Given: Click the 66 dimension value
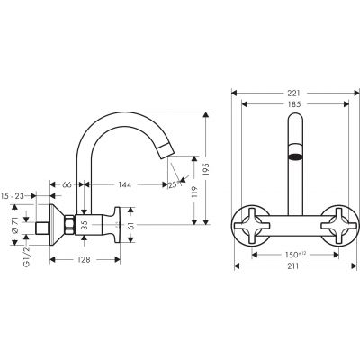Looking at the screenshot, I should point(67,184).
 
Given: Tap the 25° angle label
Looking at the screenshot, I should point(174,185).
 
